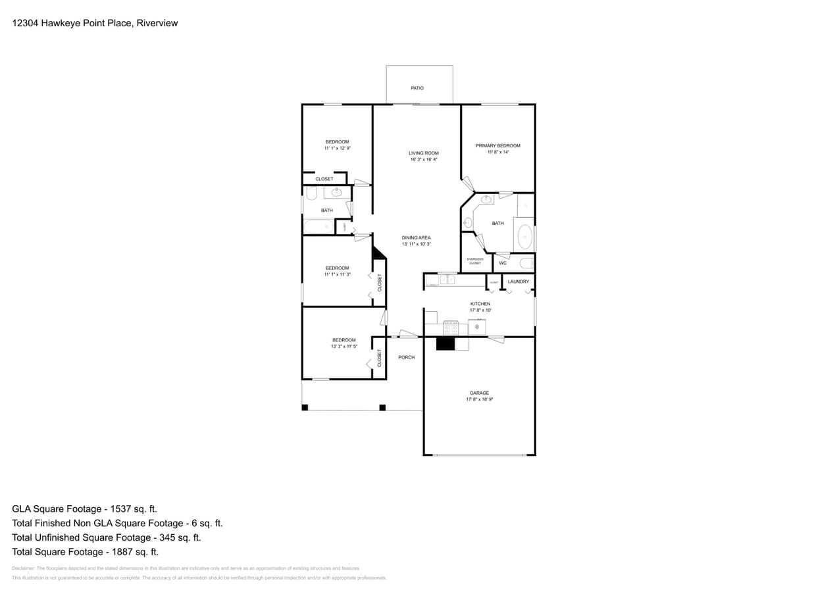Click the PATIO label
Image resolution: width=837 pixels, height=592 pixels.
click(x=417, y=88)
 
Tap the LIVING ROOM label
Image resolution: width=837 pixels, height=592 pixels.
click(x=423, y=153)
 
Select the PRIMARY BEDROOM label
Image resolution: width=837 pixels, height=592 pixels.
click(x=498, y=146)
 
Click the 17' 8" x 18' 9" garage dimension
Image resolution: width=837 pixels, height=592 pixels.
click(x=479, y=399)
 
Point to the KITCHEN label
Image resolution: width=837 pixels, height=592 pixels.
click(x=480, y=304)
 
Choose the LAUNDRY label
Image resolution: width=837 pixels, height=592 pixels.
click(x=519, y=282)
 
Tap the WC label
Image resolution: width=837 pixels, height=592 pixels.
click(x=503, y=263)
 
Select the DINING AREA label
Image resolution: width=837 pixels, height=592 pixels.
click(x=416, y=237)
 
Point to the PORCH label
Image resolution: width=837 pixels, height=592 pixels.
click(x=407, y=357)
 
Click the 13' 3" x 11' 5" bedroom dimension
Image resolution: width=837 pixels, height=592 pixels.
click(x=344, y=346)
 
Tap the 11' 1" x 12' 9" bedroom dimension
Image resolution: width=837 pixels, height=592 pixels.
click(x=337, y=148)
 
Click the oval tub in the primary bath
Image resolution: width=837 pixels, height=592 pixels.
click(x=524, y=237)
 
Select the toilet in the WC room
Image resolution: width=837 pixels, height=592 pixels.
click(x=526, y=263)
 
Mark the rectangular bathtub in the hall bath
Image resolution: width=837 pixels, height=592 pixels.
click(x=319, y=227)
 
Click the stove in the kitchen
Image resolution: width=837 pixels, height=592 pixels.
click(x=451, y=327)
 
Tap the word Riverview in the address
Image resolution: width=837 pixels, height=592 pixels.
click(x=158, y=23)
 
